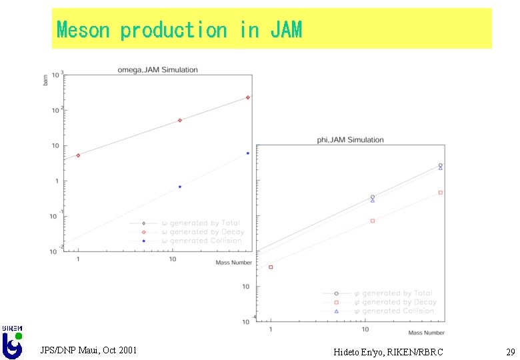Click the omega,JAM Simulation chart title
pos(157,69)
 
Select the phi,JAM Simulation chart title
pos(350,140)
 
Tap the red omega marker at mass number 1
pos(78,155)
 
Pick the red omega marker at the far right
pos(248,97)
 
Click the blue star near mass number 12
pos(180,187)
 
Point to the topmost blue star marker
pos(248,153)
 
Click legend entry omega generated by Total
pos(200,223)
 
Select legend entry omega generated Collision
pos(201,241)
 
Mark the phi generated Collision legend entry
pos(393,311)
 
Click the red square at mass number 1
pos(271,267)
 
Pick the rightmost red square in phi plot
pos(441,193)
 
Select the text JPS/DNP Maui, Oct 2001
pos(89,350)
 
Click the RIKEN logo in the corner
pos(12,341)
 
